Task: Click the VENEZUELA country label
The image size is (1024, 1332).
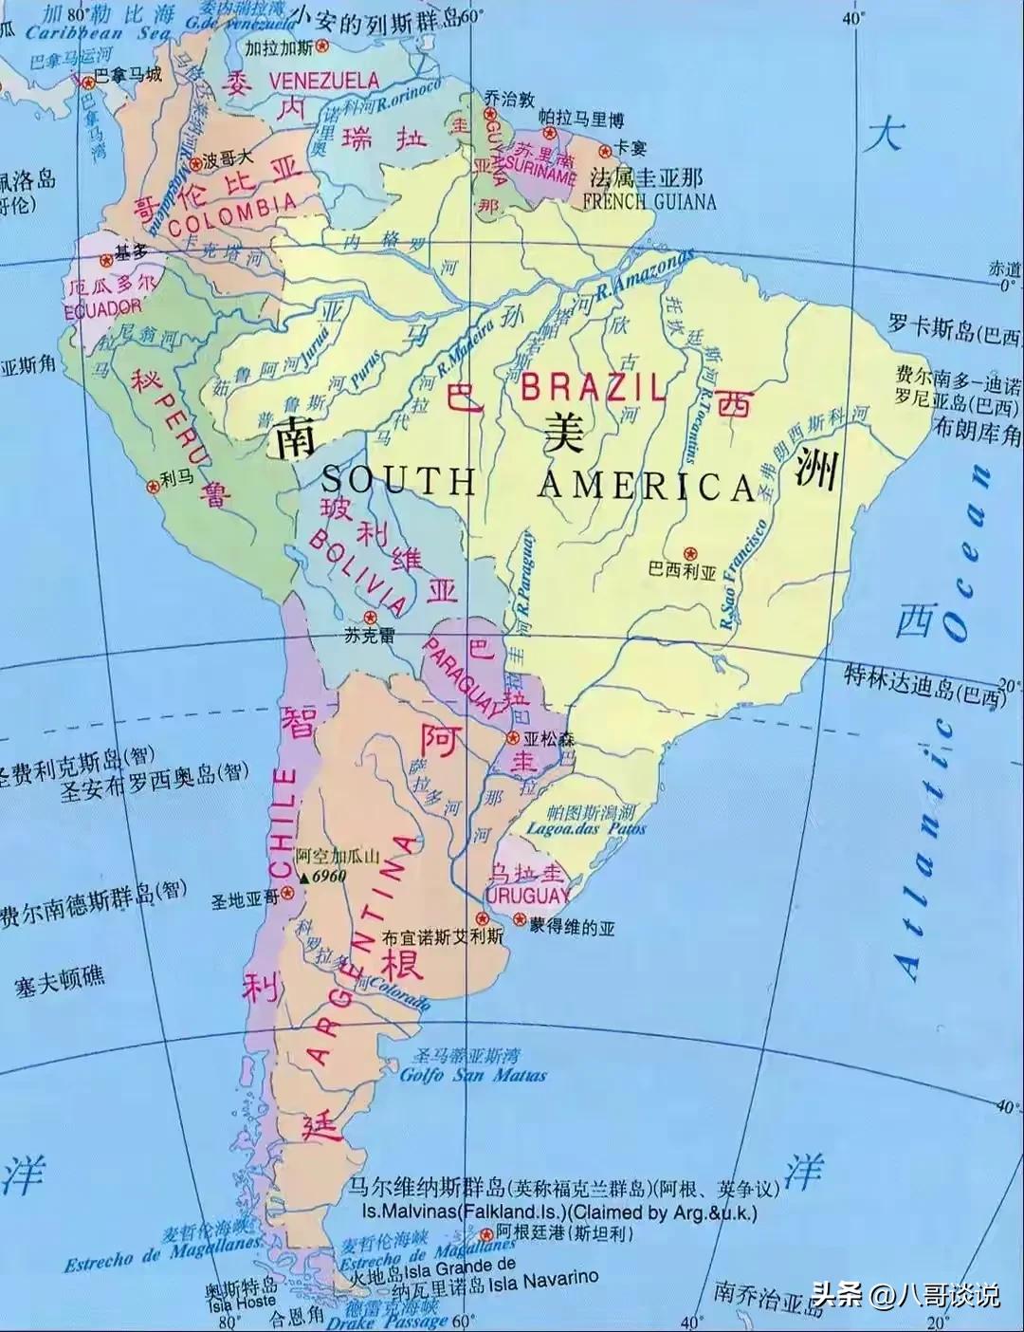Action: coord(324,82)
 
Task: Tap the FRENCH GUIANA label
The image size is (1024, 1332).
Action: coord(649,201)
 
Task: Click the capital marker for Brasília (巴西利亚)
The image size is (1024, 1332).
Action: coord(690,552)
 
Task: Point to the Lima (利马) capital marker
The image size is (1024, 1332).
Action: coord(152,486)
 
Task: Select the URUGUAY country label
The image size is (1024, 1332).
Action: coord(528,895)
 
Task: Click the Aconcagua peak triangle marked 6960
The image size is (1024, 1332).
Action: coord(305,878)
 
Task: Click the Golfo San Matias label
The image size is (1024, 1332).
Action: coord(473,1075)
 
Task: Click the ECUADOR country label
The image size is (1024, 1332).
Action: coord(102,307)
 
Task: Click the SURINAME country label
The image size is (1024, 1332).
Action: coord(540,176)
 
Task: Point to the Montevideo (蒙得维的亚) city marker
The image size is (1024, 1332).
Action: coord(520,919)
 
